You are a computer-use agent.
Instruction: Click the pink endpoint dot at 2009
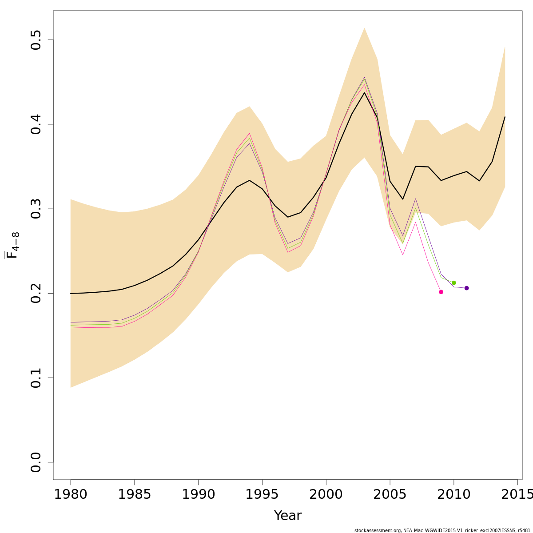(441, 292)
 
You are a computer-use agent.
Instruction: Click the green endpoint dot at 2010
(453, 283)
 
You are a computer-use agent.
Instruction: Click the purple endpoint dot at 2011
(466, 288)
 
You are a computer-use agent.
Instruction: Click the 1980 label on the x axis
(71, 494)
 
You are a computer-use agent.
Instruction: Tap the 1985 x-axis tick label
(135, 494)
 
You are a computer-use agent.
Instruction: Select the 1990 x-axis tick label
(198, 494)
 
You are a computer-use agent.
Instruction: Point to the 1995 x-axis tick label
(262, 494)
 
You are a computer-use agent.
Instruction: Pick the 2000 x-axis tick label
(326, 494)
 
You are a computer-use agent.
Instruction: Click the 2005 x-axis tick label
(390, 494)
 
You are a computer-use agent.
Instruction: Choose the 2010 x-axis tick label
(453, 494)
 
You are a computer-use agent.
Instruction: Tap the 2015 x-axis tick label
(517, 494)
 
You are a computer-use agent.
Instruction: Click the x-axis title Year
(288, 516)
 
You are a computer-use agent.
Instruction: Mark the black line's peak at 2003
(364, 92)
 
